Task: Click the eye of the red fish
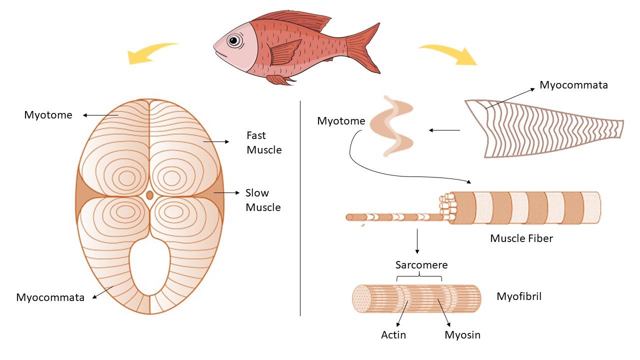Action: tap(234, 40)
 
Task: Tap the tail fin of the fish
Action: tap(365, 48)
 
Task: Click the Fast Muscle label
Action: tap(264, 142)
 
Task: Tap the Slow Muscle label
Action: tap(263, 200)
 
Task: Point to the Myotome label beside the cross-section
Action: tap(48, 115)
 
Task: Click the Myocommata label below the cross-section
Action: tap(50, 297)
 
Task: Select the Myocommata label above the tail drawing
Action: tap(573, 85)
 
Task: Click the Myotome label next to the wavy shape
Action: tap(341, 121)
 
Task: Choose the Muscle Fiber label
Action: tap(521, 238)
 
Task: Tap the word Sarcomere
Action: tap(421, 265)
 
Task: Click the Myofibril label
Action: tap(519, 296)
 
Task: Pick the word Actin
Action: tap(393, 335)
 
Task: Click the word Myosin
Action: tap(462, 335)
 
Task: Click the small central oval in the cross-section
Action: tap(149, 195)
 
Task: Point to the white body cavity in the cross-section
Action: tap(149, 267)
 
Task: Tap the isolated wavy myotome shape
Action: tap(391, 126)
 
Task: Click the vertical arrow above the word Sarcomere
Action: tap(417, 241)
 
